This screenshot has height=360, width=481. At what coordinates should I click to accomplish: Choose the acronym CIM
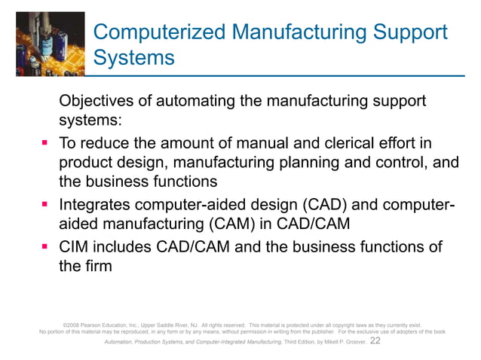point(75,247)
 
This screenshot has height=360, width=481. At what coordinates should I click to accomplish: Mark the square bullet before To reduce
point(46,143)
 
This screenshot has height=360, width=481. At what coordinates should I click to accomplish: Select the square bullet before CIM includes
point(46,248)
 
